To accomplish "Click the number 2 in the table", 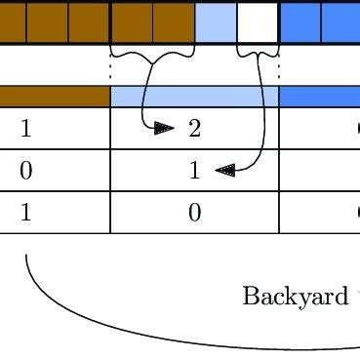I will point(194,129).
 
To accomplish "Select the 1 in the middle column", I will point(194,171).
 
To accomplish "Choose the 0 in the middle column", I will point(194,213).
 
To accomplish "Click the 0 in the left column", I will point(25,171).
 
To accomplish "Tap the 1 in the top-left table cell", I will point(25,129).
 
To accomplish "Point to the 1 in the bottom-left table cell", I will point(25,213).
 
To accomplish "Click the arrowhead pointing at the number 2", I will point(165,128).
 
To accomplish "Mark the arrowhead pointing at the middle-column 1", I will point(224,170).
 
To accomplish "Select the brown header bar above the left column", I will point(55,97).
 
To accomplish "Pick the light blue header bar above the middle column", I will point(194,97).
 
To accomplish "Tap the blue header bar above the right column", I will point(319,97).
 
